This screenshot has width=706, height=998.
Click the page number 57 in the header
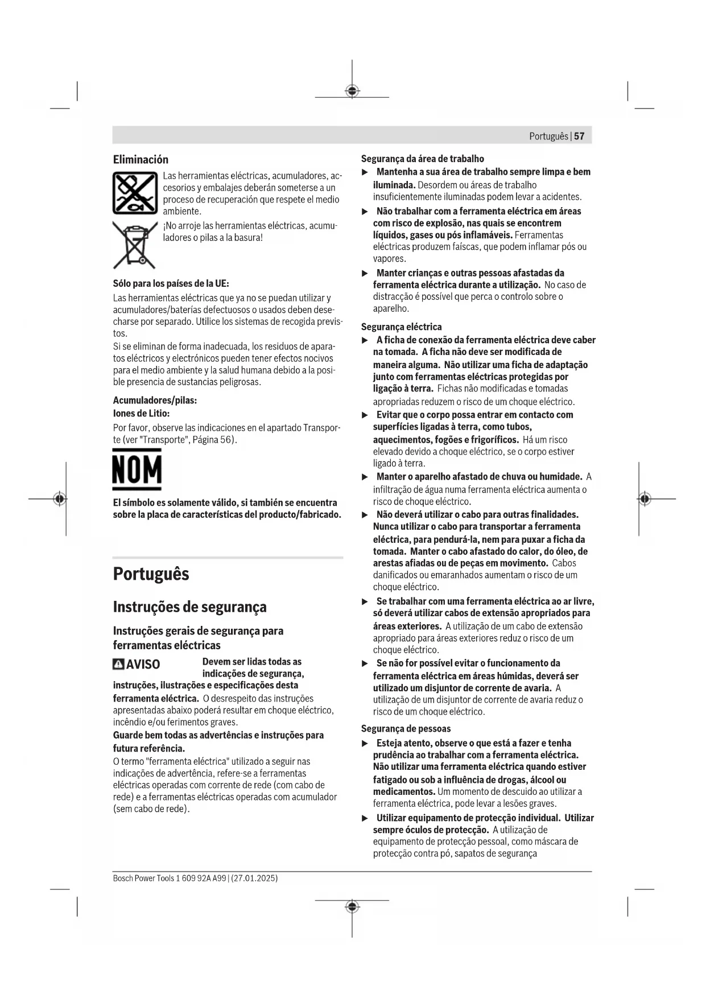tap(579, 137)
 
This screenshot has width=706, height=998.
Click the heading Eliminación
tap(141, 159)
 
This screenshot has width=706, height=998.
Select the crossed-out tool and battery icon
tap(135, 192)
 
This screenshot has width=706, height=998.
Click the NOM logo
tap(137, 469)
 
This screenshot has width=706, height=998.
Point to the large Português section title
tap(151, 574)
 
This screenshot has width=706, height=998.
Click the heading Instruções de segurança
tap(189, 607)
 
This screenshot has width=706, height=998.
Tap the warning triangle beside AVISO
tap(118, 664)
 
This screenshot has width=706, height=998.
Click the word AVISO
tap(143, 664)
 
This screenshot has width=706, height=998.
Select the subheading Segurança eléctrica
tap(401, 327)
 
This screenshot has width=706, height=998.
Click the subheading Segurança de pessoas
tap(406, 728)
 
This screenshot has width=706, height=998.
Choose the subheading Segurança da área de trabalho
tap(423, 159)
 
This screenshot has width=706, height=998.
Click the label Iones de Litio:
tap(141, 414)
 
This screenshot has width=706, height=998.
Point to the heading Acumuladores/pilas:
tap(155, 401)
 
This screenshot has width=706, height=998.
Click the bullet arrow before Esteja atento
tap(365, 743)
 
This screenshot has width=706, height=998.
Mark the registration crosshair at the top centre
tap(352, 91)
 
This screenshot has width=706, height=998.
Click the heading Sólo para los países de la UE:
tap(171, 283)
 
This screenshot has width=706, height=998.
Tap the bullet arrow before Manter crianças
tap(365, 273)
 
